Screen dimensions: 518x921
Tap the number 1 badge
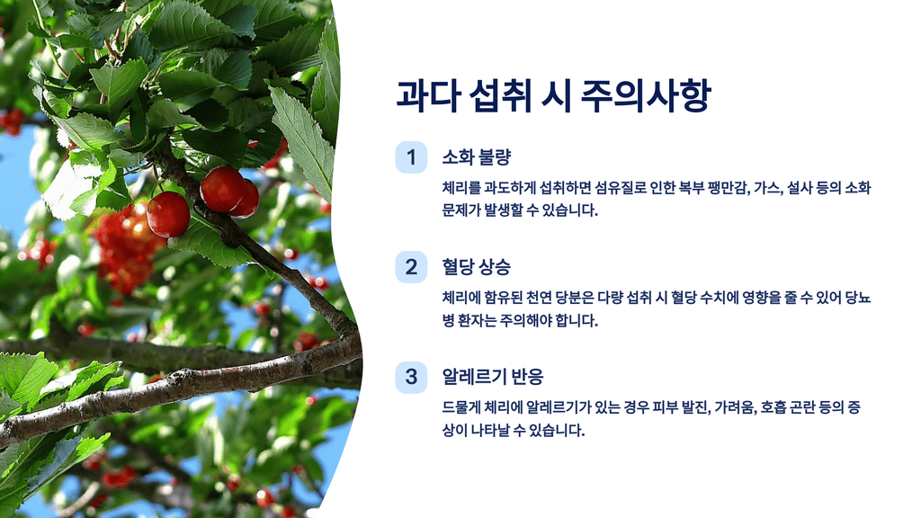click(x=411, y=157)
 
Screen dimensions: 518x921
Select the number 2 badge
click(x=411, y=266)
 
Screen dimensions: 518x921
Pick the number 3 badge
click(x=411, y=376)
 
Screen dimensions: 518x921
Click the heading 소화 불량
click(x=476, y=157)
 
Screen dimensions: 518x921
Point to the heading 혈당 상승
click(x=476, y=266)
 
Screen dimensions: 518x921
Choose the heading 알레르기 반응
click(x=492, y=376)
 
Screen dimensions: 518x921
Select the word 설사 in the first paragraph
click(x=800, y=188)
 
